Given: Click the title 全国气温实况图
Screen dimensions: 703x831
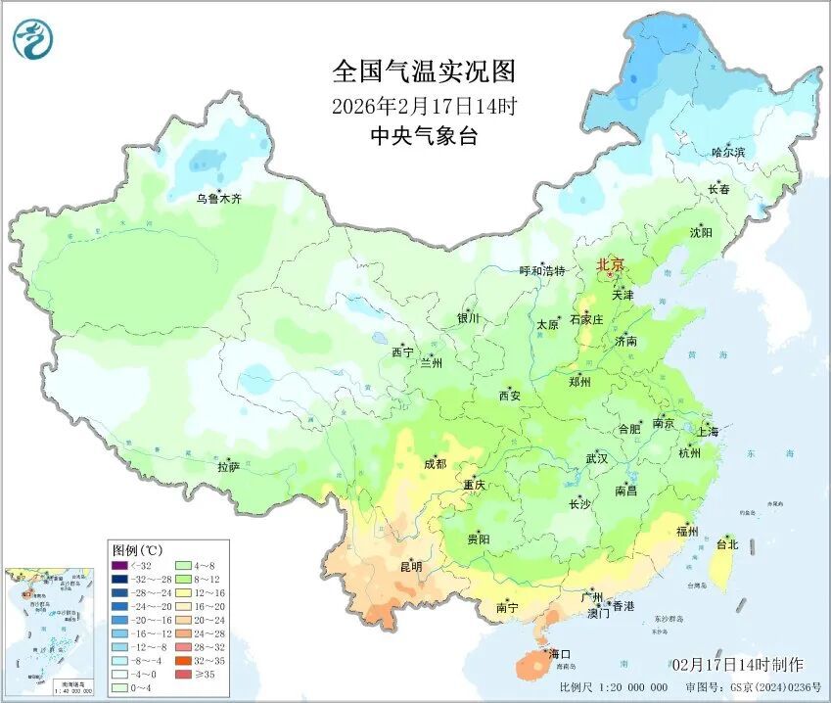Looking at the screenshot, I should coord(423,71).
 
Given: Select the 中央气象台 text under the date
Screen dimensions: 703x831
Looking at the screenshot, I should coord(423,137).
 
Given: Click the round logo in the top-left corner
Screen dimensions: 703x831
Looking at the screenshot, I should coord(32,39).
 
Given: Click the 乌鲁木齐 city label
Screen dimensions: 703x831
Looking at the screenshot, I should coord(218,199).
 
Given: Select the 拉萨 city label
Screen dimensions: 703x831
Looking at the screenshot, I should coord(229,468).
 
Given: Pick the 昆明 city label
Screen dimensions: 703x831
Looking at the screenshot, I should coord(411,566).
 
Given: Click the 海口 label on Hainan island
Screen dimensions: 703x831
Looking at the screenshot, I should coord(559,654).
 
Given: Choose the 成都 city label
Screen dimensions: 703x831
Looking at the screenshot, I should coord(435,464).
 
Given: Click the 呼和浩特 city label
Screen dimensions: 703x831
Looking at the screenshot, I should coord(541,271).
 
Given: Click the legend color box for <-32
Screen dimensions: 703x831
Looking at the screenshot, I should coord(119,565).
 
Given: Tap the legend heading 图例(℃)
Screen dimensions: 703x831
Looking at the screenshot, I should coord(135,549).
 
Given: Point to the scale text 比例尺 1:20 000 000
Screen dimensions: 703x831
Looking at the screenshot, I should coord(615,687).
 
